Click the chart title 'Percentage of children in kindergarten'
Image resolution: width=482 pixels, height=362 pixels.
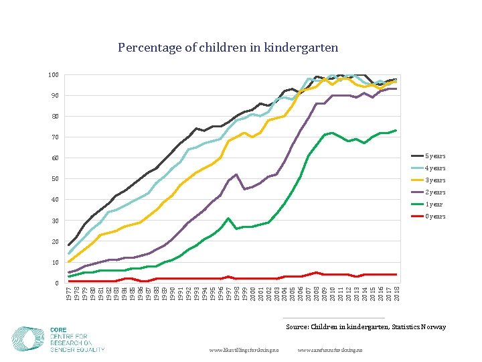[x=228, y=48]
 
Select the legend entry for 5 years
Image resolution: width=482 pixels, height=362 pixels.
[x=434, y=156]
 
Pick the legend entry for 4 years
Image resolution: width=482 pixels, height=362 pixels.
[x=434, y=168]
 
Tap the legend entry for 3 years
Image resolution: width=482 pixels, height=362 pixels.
[x=434, y=180]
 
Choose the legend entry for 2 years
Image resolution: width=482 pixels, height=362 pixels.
[x=434, y=192]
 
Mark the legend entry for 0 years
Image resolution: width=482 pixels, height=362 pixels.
[x=434, y=217]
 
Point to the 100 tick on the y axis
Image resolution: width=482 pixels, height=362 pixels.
[x=54, y=74]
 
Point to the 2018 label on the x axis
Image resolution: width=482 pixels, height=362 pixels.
[x=397, y=293]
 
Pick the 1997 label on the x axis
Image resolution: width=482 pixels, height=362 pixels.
[x=229, y=293]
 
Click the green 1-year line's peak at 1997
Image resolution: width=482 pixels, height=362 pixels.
[x=229, y=218]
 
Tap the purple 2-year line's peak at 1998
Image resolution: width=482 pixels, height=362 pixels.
[x=236, y=174]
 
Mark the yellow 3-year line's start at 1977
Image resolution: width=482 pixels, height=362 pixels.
[x=69, y=261]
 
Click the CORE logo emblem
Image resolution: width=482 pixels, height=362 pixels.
[x=28, y=339]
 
